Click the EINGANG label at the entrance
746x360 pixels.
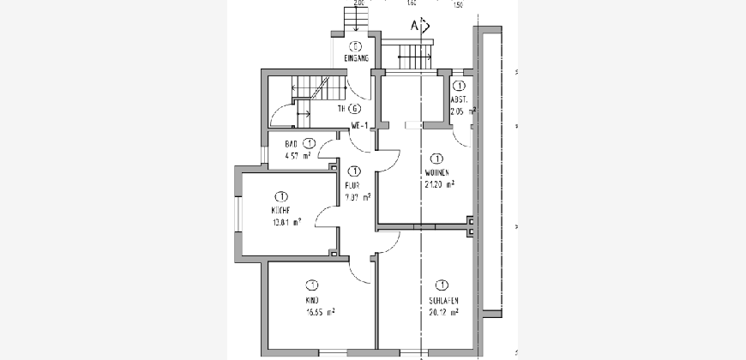(x=356, y=58)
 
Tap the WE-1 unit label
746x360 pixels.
(x=360, y=127)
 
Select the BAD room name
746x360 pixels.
(x=292, y=144)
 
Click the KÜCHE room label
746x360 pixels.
(x=280, y=211)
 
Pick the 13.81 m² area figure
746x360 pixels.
(x=285, y=223)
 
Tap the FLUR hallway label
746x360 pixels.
(x=352, y=183)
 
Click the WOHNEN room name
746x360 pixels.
(x=437, y=172)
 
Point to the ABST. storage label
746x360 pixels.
(x=460, y=99)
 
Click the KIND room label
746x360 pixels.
(x=311, y=301)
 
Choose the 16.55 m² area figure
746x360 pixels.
(x=318, y=313)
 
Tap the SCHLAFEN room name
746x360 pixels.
(x=443, y=301)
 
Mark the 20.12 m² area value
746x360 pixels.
(x=443, y=313)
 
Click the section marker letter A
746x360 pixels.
(x=414, y=25)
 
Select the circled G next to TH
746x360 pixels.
(x=355, y=109)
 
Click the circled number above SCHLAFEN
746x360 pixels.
(x=442, y=285)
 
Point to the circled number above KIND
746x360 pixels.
(x=312, y=285)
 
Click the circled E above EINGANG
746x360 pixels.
(x=355, y=46)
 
